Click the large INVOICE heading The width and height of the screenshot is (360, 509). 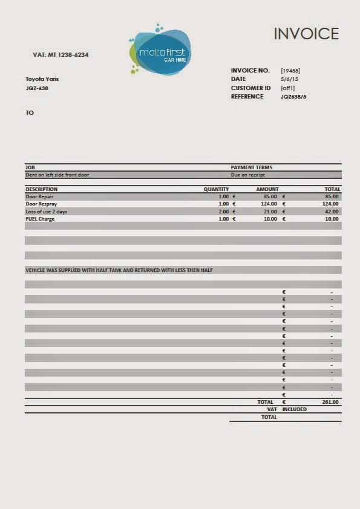(x=306, y=34)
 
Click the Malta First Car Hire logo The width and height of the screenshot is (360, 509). (x=160, y=52)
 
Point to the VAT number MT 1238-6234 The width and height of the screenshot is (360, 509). (x=61, y=55)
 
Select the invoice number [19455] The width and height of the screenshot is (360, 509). (x=290, y=71)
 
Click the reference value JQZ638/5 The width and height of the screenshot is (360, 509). (x=293, y=96)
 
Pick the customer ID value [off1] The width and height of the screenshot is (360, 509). (x=288, y=88)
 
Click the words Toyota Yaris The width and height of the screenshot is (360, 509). (x=42, y=79)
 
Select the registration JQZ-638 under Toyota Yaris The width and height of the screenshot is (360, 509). (x=37, y=88)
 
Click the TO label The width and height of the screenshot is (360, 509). (x=30, y=112)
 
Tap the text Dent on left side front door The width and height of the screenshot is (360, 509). (x=57, y=175)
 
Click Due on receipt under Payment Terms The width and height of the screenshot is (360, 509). (x=248, y=175)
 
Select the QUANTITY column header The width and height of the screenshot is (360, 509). (x=216, y=189)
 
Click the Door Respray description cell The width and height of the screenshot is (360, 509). (x=41, y=204)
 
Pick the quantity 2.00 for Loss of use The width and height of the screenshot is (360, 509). (x=223, y=212)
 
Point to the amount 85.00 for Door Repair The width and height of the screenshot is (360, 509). (x=270, y=196)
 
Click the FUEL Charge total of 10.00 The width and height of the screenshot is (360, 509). (x=332, y=219)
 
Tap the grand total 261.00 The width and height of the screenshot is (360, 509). (x=330, y=401)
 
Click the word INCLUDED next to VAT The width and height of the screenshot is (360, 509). (x=294, y=409)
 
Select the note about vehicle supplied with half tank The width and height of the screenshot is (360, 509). (x=119, y=270)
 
